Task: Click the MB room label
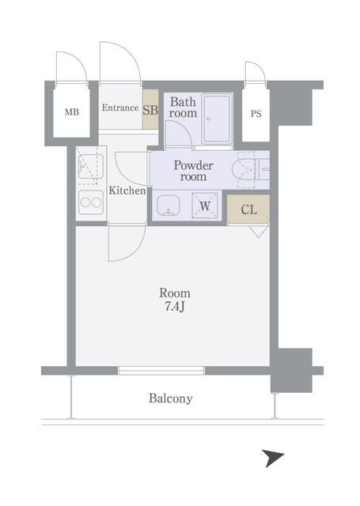72,112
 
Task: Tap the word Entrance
120,108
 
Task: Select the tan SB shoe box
150,110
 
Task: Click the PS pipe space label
256,114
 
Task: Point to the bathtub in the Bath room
217,119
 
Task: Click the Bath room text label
183,108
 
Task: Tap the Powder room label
193,171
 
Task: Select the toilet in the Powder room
251,168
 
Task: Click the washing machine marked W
205,206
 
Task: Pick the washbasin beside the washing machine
169,206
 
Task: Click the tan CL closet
248,209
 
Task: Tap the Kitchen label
127,191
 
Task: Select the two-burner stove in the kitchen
91,202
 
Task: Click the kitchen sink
91,165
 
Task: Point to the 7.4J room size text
174,307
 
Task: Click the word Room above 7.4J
175,293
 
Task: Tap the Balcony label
170,398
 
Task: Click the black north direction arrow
272,457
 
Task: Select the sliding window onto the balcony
161,371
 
